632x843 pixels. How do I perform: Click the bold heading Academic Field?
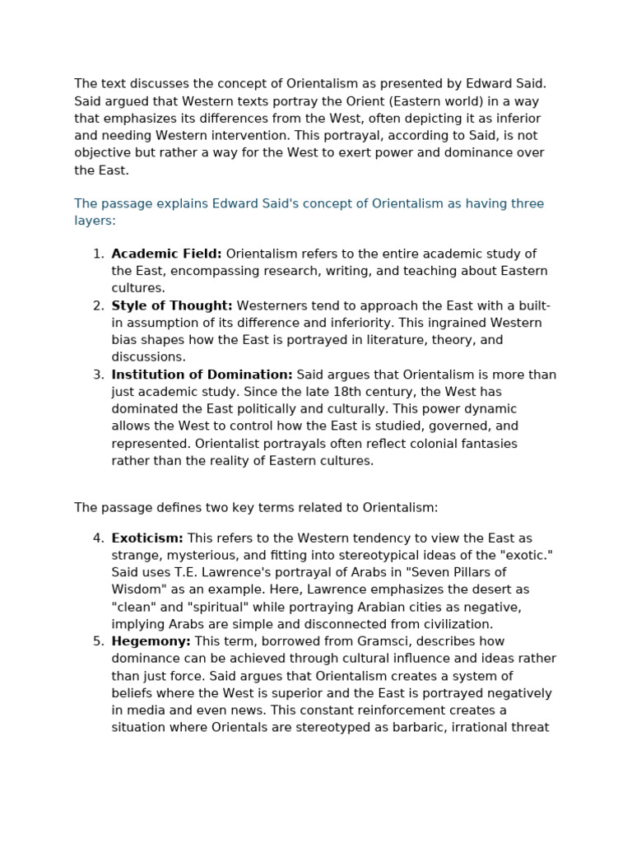166,254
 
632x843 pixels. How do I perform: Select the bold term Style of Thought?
172,305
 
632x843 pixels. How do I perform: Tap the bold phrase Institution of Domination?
202,375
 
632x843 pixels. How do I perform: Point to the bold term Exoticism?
147,538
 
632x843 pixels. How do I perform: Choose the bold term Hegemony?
151,641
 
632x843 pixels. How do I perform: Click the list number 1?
98,254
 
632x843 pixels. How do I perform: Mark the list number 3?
98,375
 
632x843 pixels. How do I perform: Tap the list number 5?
98,641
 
